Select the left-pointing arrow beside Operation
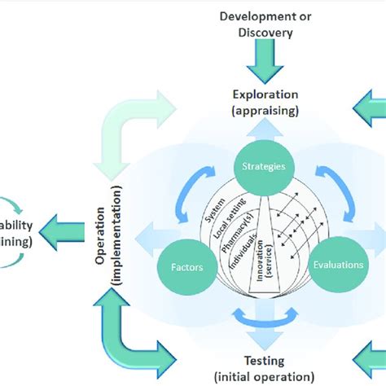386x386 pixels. pyautogui.click(x=70, y=230)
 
